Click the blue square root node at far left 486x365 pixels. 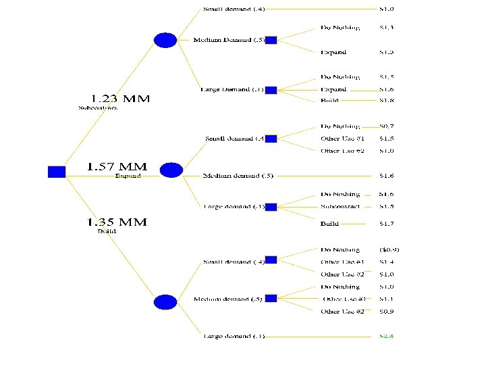coord(57,172)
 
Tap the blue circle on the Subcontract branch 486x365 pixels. coord(165,41)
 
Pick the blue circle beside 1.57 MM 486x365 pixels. coord(171,170)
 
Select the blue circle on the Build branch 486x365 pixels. coord(165,301)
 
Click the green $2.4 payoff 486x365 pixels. coord(387,336)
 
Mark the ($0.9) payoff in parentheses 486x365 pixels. coord(394,249)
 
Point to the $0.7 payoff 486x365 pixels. coord(387,126)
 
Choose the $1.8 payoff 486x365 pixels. coord(387,101)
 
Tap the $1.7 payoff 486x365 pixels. coord(387,223)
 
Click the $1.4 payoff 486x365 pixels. coord(387,262)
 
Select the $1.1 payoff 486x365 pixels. coord(387,299)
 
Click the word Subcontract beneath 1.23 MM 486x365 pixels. coord(98,108)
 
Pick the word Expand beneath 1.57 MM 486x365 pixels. coord(128,176)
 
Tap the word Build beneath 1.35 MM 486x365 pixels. coord(107,232)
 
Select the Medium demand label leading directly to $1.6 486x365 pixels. coord(238,176)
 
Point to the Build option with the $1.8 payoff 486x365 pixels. coord(330,101)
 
